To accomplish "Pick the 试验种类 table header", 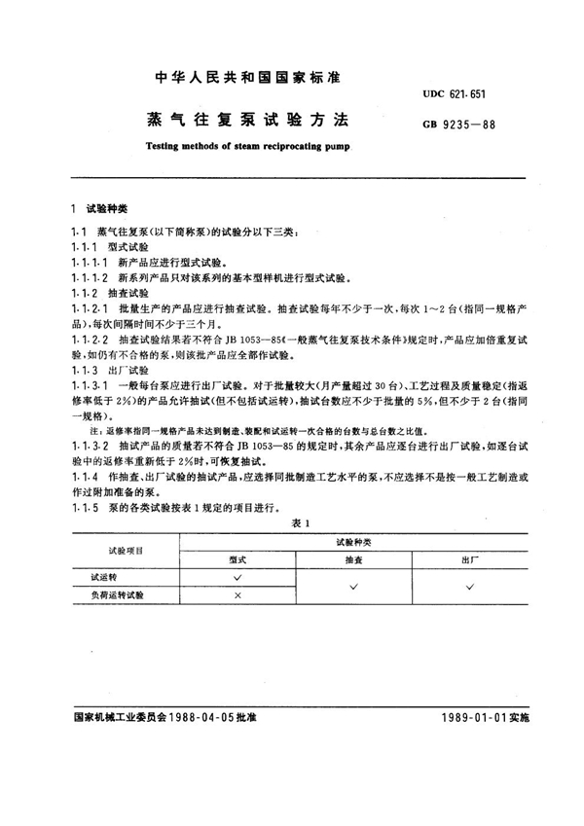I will click(x=352, y=539).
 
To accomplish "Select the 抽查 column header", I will click(x=352, y=559).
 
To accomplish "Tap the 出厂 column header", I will click(x=469, y=559).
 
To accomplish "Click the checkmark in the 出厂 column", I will click(x=469, y=586).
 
